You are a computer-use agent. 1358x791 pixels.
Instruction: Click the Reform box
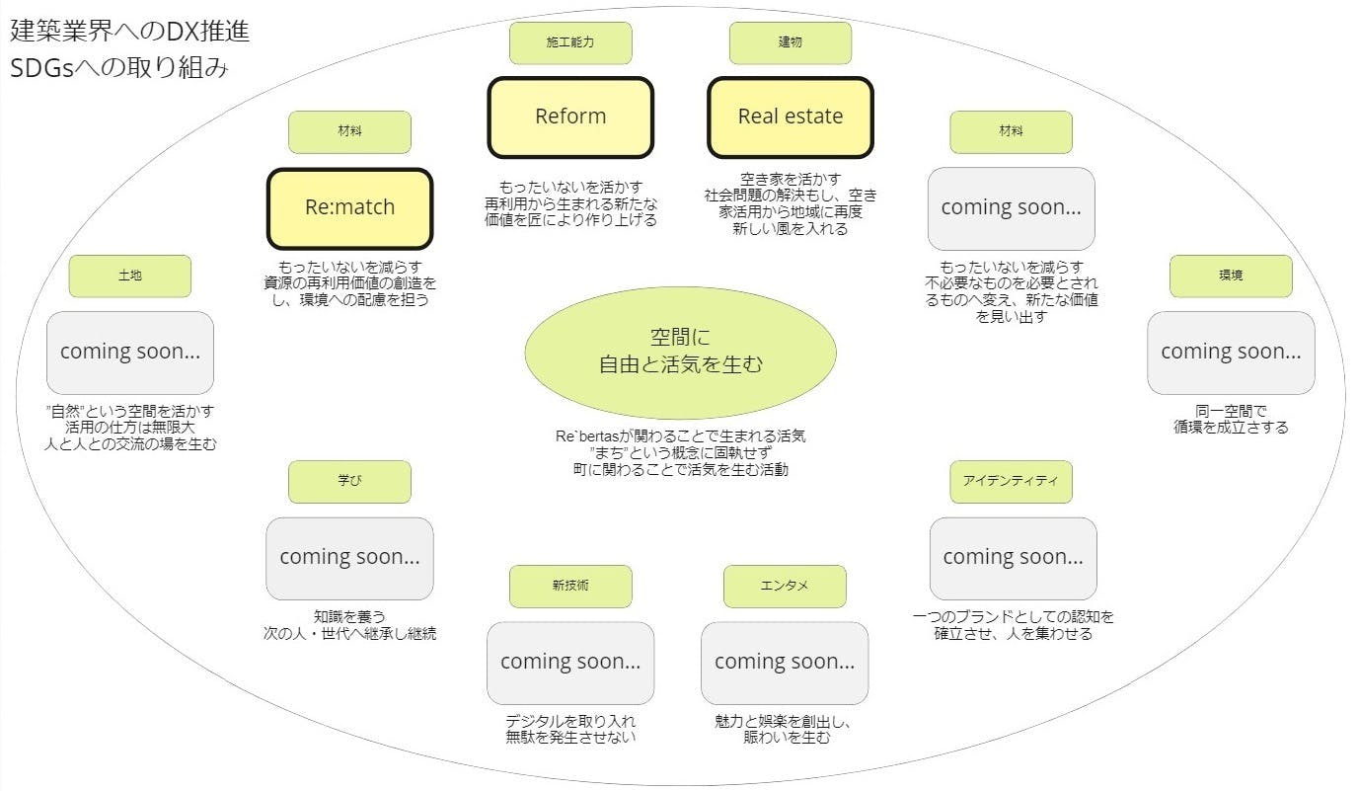(x=570, y=118)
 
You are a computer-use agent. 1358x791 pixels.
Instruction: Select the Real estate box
(x=791, y=118)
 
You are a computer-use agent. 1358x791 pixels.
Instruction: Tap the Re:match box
(x=349, y=208)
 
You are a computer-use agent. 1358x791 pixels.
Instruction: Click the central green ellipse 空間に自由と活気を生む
(x=680, y=352)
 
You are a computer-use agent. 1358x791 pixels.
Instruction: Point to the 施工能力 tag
(x=570, y=43)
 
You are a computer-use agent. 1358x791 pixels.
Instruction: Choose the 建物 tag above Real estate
(x=791, y=43)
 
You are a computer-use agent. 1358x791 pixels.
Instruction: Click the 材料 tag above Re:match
(x=349, y=132)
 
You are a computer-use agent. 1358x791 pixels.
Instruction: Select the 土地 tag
(x=129, y=277)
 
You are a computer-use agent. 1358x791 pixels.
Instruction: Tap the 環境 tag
(x=1231, y=277)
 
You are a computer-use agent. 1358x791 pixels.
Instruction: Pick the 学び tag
(x=349, y=482)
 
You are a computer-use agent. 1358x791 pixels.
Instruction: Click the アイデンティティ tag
(x=1011, y=482)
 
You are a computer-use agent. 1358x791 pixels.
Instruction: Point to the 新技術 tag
(x=570, y=587)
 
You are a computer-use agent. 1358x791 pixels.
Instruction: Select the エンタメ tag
(x=785, y=587)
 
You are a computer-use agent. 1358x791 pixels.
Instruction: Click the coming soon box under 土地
(x=129, y=353)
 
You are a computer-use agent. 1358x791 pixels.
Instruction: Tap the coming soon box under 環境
(x=1231, y=353)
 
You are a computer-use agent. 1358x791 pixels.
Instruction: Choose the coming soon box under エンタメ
(x=785, y=663)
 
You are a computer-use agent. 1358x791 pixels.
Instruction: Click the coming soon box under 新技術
(x=570, y=663)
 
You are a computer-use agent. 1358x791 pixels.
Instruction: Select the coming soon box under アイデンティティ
(x=1013, y=558)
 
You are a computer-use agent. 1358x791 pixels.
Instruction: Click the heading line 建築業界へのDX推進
(x=129, y=31)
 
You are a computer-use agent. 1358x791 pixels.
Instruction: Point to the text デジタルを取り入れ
(x=570, y=721)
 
